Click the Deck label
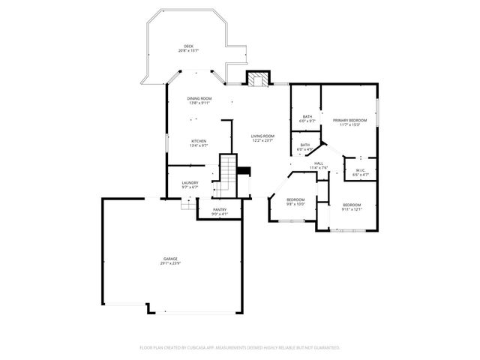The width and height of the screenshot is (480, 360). pyautogui.click(x=188, y=46)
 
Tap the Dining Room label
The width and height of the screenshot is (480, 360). pyautogui.click(x=199, y=99)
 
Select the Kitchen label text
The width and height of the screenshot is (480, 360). pyautogui.click(x=199, y=141)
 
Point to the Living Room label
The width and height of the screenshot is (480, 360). pyautogui.click(x=262, y=136)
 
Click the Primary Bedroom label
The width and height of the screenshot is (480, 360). pyautogui.click(x=349, y=120)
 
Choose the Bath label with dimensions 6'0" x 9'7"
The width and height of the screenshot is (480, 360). pyautogui.click(x=307, y=117)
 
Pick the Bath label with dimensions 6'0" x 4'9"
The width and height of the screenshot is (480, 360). pyautogui.click(x=305, y=145)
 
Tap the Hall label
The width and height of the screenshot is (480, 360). pyautogui.click(x=319, y=163)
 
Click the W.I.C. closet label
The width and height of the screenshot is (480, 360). pyautogui.click(x=361, y=170)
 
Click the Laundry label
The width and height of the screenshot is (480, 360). pyautogui.click(x=190, y=183)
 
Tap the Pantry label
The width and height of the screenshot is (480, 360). pyautogui.click(x=220, y=210)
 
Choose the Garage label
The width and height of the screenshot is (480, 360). pyautogui.click(x=171, y=259)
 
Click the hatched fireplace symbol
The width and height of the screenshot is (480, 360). pyautogui.click(x=259, y=79)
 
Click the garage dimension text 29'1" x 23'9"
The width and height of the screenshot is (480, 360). pyautogui.click(x=171, y=263)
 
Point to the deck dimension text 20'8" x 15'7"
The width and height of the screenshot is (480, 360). pyautogui.click(x=188, y=51)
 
